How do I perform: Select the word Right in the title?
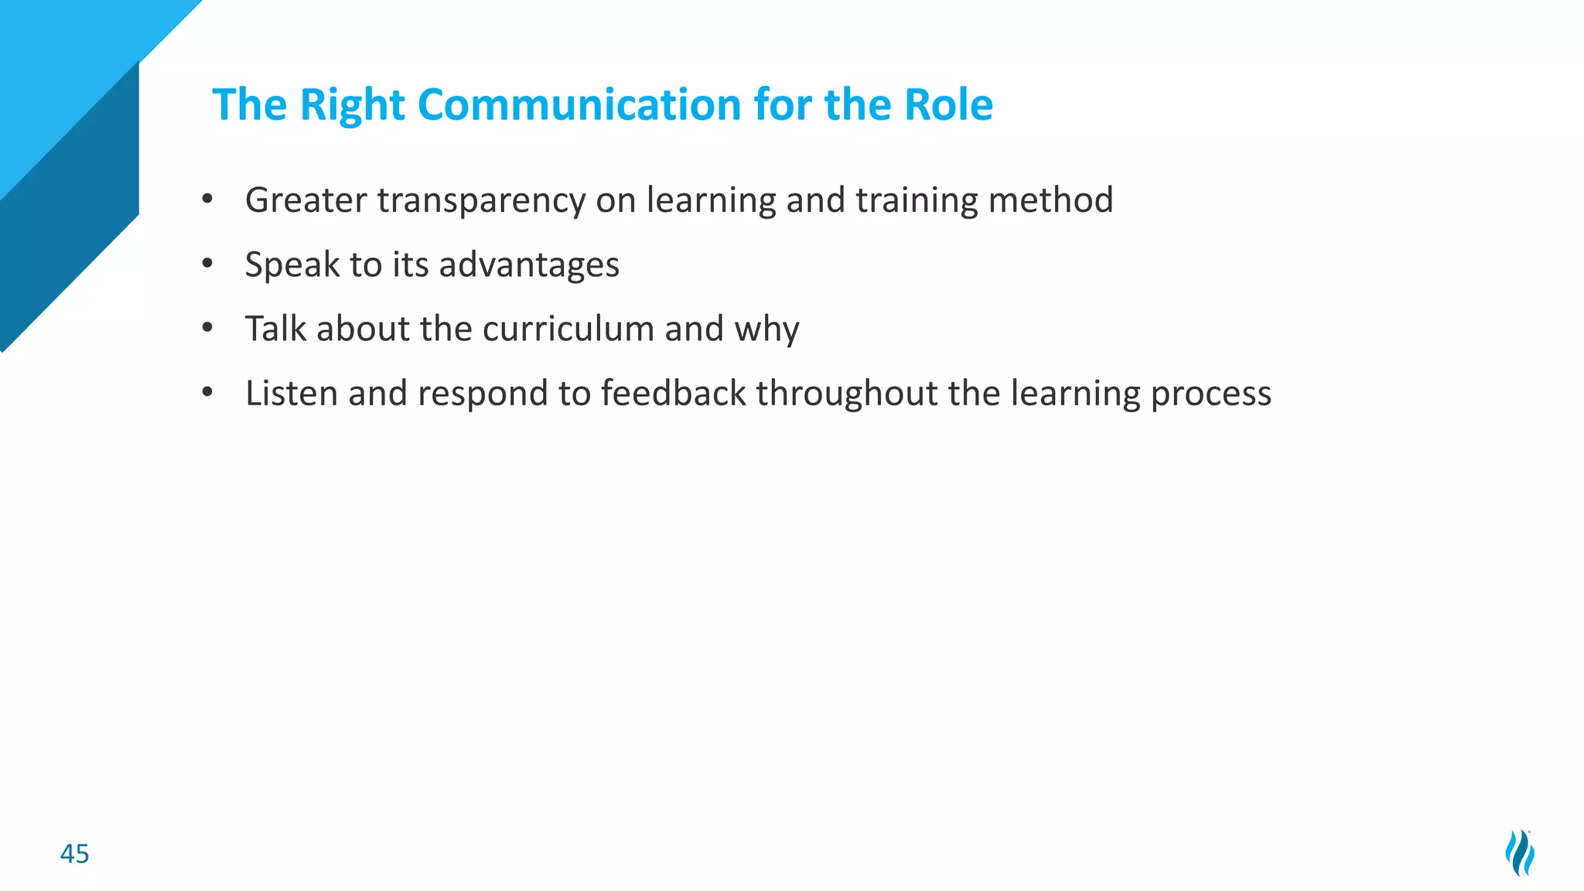pos(352,106)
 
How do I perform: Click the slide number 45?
pos(75,854)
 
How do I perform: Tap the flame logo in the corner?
pos(1520,852)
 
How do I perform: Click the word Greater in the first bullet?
pos(306,200)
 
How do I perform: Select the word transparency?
pos(481,201)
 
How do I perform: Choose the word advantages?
pos(529,265)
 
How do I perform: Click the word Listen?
pos(292,393)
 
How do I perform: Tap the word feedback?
pos(673,393)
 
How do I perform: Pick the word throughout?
pos(847,393)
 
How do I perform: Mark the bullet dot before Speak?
pos(207,265)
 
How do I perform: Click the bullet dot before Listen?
pos(207,393)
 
